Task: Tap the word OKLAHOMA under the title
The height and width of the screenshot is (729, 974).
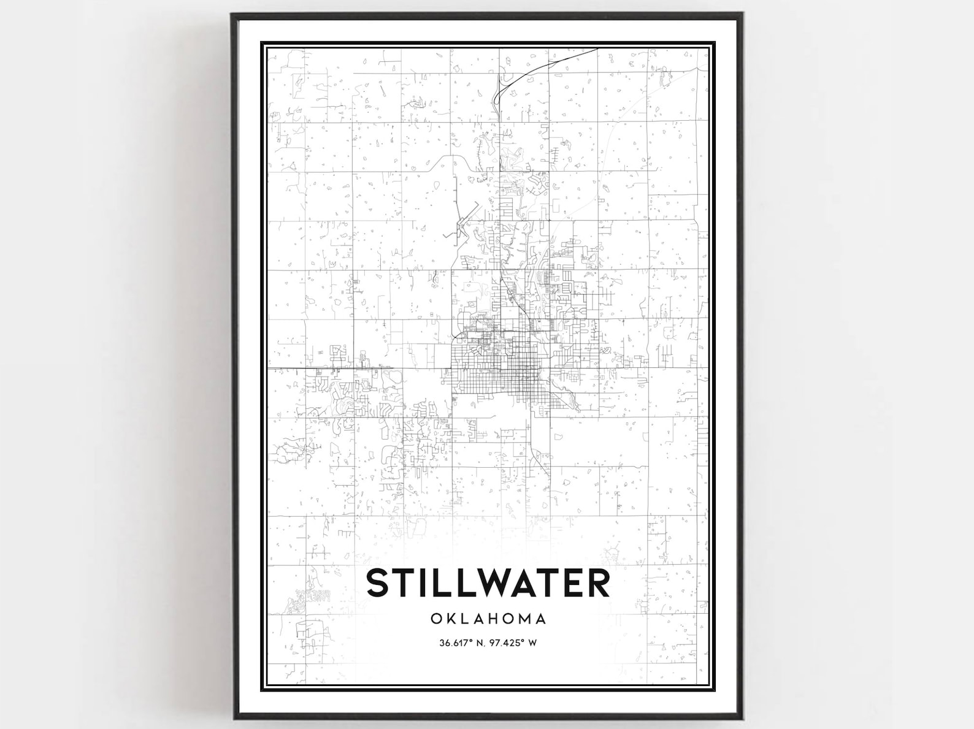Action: [x=488, y=618]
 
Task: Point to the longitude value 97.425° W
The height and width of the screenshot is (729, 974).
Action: [x=513, y=643]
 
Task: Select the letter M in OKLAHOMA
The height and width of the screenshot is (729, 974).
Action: [x=522, y=618]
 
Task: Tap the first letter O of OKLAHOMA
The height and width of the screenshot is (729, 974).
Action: [x=436, y=618]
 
